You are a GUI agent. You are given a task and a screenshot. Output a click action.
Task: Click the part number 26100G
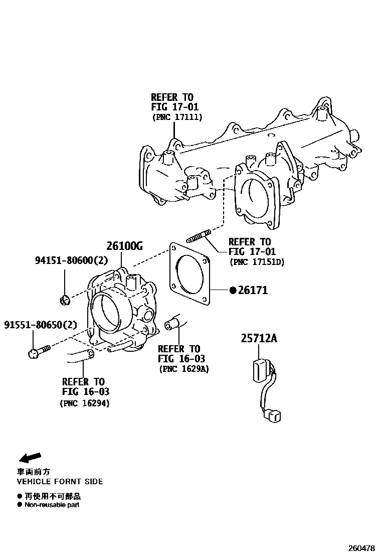[124, 246]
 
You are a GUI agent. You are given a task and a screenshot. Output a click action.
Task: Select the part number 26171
[253, 290]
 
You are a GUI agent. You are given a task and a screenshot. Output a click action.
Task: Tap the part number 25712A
[259, 339]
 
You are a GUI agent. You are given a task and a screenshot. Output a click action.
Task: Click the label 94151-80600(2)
[71, 260]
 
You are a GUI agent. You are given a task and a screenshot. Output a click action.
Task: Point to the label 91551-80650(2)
[41, 325]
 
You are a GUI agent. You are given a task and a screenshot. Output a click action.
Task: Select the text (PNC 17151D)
[257, 261]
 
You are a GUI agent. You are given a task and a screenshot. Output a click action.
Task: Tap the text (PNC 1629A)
[184, 369]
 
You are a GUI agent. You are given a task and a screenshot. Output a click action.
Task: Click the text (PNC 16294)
[85, 402]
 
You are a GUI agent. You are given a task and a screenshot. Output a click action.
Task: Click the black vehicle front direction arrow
[30, 457]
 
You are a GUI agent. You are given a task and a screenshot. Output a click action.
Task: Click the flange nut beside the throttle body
[64, 301]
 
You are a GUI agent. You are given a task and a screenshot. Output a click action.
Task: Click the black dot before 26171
[233, 290]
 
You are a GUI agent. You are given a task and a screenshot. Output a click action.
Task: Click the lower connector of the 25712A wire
[274, 416]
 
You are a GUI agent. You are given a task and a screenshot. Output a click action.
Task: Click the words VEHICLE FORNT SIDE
[60, 481]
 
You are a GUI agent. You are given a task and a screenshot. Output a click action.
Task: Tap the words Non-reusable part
[52, 505]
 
